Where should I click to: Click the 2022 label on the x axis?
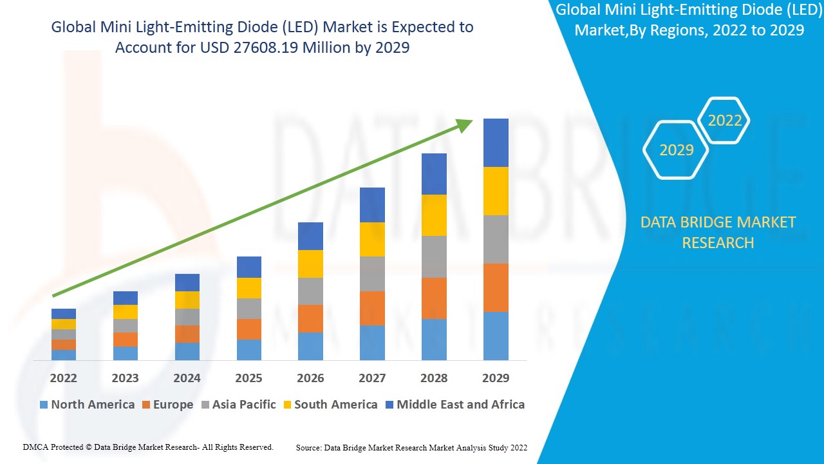(x=63, y=378)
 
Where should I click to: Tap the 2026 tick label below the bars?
(x=310, y=378)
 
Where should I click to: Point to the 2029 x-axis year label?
(x=496, y=378)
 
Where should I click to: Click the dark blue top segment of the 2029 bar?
(x=496, y=142)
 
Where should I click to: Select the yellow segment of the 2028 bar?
(x=434, y=215)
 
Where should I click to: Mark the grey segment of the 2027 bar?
(x=372, y=274)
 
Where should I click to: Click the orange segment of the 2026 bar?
(x=310, y=318)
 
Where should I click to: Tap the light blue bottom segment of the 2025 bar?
(x=248, y=349)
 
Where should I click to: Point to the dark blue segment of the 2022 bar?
(x=63, y=314)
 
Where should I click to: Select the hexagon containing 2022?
(x=724, y=121)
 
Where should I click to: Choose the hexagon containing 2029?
(x=676, y=150)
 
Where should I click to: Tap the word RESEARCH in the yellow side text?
(x=718, y=243)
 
